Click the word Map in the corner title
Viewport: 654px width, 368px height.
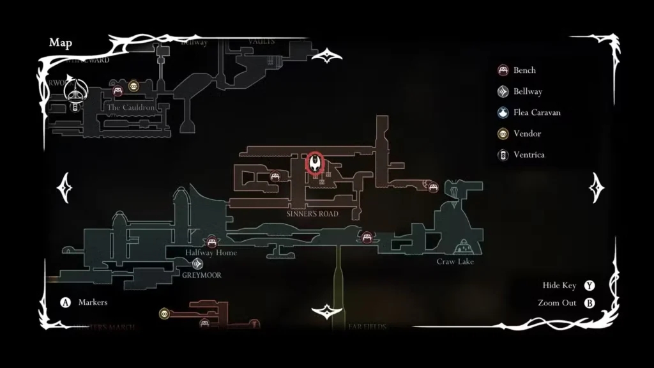[x=61, y=43]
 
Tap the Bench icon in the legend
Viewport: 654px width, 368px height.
[x=503, y=70]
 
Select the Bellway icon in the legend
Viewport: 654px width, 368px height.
[x=503, y=91]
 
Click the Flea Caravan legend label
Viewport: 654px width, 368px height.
[x=536, y=112]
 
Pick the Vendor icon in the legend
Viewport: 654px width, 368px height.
[x=503, y=134]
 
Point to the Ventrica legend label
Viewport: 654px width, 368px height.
[x=529, y=155]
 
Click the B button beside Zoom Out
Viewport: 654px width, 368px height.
[x=589, y=303]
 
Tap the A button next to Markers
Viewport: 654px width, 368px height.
[x=65, y=302]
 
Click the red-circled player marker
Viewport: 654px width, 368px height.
[x=315, y=163]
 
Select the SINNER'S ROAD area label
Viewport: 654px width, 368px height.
[x=313, y=214]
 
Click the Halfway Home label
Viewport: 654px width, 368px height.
[x=211, y=252]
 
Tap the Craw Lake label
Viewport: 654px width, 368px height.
[x=455, y=261]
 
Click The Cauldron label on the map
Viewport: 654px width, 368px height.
[x=131, y=108]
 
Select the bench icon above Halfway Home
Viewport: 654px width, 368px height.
[x=211, y=241]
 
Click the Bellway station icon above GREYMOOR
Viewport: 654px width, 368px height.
[x=199, y=263]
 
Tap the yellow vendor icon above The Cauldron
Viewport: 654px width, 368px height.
[x=133, y=86]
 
